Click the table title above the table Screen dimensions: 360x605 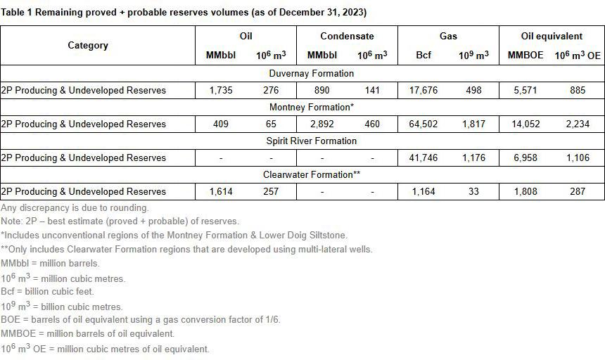click(184, 13)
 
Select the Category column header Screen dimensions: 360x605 click(88, 45)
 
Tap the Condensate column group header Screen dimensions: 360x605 click(347, 36)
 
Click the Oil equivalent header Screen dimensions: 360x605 click(552, 36)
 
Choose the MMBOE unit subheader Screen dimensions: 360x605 click(526, 55)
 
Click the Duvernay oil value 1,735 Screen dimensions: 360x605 click(220, 90)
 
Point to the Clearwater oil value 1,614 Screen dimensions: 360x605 click(220, 191)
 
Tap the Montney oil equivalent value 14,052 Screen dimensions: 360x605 click(526, 124)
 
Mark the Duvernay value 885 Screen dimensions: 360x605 click(578, 90)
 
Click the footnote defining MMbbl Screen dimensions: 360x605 click(50, 263)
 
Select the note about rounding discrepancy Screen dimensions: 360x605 click(75, 207)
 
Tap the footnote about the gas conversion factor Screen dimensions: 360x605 click(141, 320)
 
